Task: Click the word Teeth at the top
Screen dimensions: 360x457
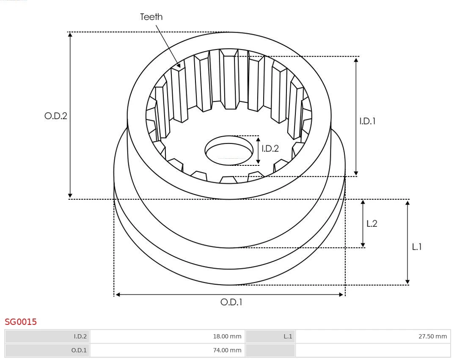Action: (151, 17)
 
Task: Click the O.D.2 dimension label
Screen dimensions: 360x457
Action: (56, 116)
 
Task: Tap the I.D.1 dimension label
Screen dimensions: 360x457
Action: (367, 121)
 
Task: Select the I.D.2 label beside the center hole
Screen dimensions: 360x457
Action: (270, 148)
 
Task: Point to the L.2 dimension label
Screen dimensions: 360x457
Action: (372, 224)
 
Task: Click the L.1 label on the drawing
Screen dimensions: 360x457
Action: (417, 247)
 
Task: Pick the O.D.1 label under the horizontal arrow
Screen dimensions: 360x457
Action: (231, 302)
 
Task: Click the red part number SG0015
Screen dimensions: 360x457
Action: (21, 322)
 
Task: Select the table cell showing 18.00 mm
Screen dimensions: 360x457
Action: (227, 336)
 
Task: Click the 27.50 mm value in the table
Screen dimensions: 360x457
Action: (432, 336)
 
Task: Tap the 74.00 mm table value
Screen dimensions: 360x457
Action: (227, 350)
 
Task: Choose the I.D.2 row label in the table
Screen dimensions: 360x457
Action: (80, 336)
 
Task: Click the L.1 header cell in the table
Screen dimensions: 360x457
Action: (288, 336)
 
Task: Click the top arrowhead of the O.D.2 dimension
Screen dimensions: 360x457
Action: (70, 34)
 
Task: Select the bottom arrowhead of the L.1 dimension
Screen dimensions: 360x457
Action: (407, 282)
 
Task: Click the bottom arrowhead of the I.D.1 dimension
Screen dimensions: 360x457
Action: (356, 173)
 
